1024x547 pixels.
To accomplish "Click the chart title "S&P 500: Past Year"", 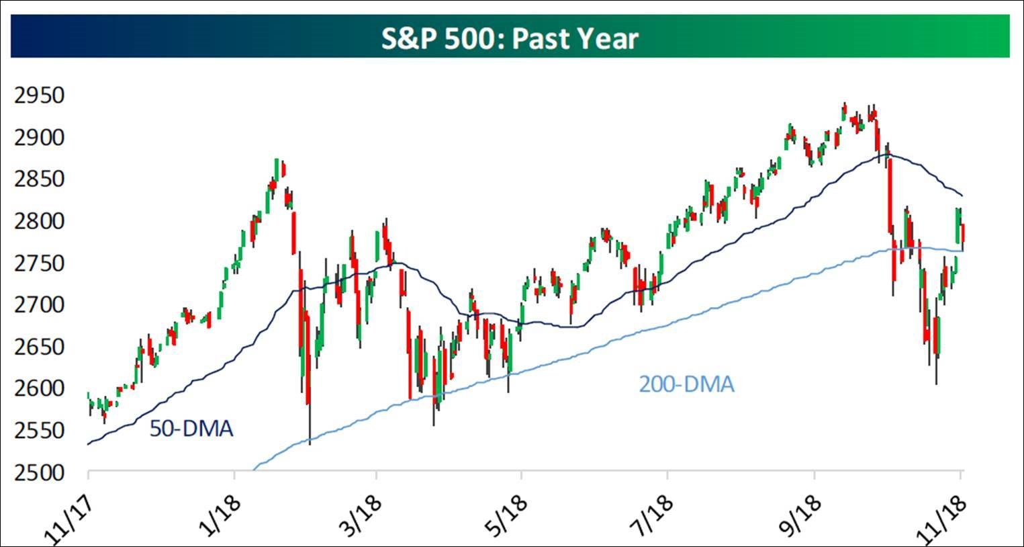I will click(x=510, y=38).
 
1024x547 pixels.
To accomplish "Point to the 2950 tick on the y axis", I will click(x=40, y=95).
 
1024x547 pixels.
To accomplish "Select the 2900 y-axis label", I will click(x=40, y=138).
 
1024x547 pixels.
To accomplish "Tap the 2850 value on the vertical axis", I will click(x=40, y=179).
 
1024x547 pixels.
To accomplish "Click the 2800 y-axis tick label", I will click(x=40, y=221).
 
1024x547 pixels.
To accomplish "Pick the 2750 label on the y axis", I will click(x=40, y=263).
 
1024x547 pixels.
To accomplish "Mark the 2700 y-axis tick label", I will click(x=40, y=305).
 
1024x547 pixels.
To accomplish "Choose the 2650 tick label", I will click(x=40, y=347).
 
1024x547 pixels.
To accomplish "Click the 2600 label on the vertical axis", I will click(x=40, y=388).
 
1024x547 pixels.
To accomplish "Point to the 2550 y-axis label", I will click(x=40, y=431).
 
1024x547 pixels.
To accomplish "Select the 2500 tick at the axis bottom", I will click(x=40, y=472).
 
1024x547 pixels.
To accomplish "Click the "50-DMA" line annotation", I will click(x=191, y=429).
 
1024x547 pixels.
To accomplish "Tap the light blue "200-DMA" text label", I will click(x=686, y=384).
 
